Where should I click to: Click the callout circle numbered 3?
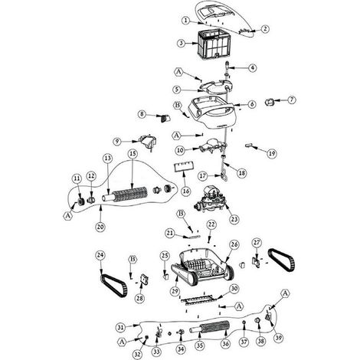click(x=181, y=43)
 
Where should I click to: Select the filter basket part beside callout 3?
click(x=214, y=44)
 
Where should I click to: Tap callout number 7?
click(x=292, y=100)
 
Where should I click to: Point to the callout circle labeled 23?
click(x=234, y=219)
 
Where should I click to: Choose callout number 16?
click(x=187, y=191)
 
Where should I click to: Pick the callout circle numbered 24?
click(x=100, y=255)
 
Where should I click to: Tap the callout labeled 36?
click(x=225, y=344)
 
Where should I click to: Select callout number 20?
click(x=100, y=227)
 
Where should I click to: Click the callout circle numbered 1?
click(x=186, y=20)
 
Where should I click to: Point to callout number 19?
click(x=272, y=153)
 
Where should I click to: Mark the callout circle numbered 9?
click(x=117, y=142)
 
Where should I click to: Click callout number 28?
click(x=139, y=298)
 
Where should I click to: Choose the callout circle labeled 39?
click(x=278, y=338)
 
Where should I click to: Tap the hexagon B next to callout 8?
click(x=178, y=105)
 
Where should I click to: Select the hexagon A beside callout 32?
click(x=123, y=342)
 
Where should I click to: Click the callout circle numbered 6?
click(x=252, y=104)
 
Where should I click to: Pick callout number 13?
click(x=108, y=159)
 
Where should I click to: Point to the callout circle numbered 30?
click(x=234, y=289)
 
